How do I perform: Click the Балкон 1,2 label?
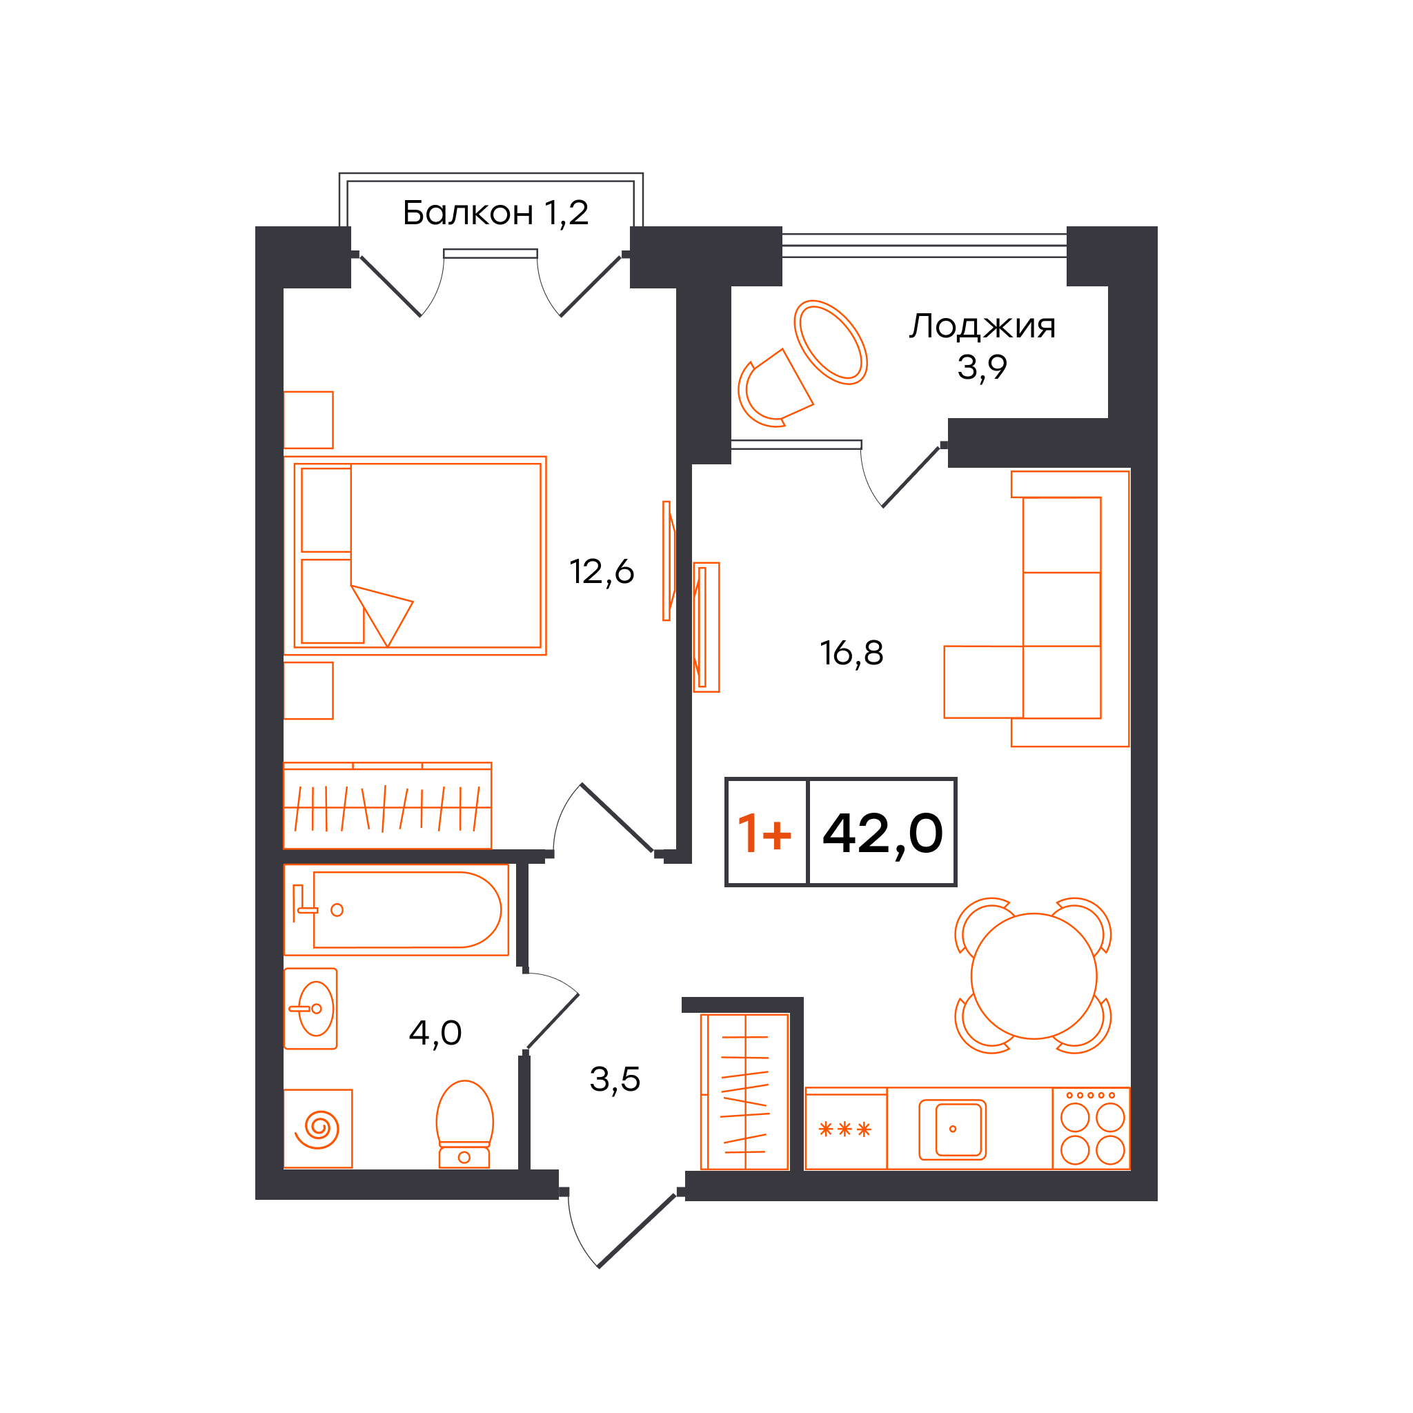(495, 213)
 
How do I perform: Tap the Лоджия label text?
(982, 326)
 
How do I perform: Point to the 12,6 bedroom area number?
(601, 571)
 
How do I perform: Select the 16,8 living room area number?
(851, 653)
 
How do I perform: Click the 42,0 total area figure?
(882, 833)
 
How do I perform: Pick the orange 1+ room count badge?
(764, 833)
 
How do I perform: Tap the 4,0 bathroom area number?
(435, 1033)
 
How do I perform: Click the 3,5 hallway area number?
(614, 1079)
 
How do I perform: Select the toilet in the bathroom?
(464, 1124)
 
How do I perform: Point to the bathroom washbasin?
(311, 1009)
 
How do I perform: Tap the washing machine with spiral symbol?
(318, 1129)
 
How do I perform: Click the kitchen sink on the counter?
(952, 1129)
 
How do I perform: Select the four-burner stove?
(1091, 1129)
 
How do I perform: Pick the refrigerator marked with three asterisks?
(845, 1129)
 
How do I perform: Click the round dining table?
(1034, 976)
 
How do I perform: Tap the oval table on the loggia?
(830, 342)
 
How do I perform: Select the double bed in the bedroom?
(415, 556)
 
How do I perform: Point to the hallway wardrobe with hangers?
(744, 1092)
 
